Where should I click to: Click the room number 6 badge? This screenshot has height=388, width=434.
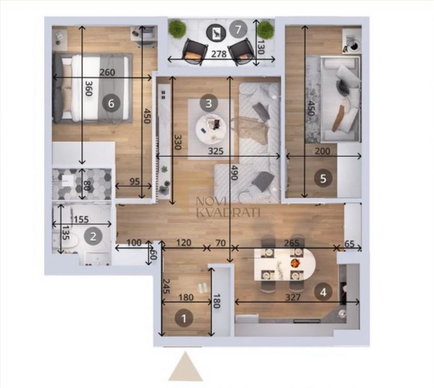point(111,103)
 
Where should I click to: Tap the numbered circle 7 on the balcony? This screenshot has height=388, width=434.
point(238,29)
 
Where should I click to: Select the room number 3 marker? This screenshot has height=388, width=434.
point(208,103)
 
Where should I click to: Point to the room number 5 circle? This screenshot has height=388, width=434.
point(323,178)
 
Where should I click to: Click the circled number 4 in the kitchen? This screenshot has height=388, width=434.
point(323,292)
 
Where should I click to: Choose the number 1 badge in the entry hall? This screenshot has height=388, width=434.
point(184,318)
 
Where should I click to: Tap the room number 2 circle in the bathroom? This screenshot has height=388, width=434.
point(93,236)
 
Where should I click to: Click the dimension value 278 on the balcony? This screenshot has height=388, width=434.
point(219,54)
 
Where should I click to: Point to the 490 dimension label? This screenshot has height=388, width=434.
point(234,173)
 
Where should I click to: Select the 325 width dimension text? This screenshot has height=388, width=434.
point(216,151)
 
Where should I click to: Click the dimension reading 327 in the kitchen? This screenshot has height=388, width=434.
point(293,297)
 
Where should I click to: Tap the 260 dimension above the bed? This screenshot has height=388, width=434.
point(108,72)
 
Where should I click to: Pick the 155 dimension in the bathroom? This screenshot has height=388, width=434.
point(81,219)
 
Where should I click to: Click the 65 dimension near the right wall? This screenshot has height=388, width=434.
point(349,244)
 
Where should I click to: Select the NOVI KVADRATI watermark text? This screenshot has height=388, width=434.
point(228,207)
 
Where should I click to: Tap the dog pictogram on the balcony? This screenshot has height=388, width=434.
point(216,33)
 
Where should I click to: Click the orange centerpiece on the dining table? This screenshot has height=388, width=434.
point(295,263)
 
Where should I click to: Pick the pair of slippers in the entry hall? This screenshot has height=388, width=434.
point(202,287)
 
